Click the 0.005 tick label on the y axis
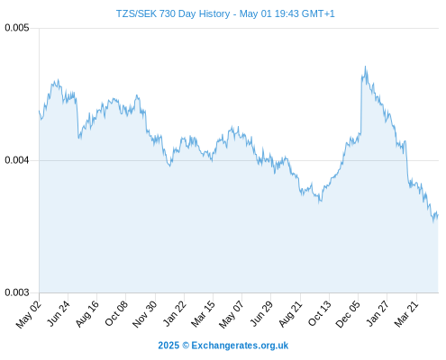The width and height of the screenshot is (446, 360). [x=17, y=28]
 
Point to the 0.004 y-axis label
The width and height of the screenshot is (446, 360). [x=17, y=160]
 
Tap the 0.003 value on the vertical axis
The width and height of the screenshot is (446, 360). [x=17, y=292]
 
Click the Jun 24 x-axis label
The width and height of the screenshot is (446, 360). [x=59, y=313]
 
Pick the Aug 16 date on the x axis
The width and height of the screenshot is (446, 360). [x=87, y=314]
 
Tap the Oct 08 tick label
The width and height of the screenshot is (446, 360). [x=116, y=313]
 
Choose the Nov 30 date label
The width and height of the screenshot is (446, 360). [x=145, y=314]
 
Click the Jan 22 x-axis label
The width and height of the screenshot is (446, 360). [x=175, y=313]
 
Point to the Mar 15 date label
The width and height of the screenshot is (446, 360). [x=204, y=313]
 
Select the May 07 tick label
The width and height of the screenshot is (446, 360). [x=232, y=314]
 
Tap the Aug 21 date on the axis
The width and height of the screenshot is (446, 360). [x=291, y=313]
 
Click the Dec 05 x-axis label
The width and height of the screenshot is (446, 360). [x=348, y=314]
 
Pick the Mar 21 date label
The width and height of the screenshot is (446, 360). [x=406, y=313]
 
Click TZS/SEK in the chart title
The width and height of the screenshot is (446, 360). [x=136, y=13]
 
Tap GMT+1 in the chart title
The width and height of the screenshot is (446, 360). [x=318, y=13]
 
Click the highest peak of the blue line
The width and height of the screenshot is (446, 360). [x=365, y=67]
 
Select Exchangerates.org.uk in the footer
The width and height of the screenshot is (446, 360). [x=240, y=346]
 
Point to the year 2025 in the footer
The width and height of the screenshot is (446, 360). [x=168, y=346]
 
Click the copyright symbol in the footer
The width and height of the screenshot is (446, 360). [x=186, y=346]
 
